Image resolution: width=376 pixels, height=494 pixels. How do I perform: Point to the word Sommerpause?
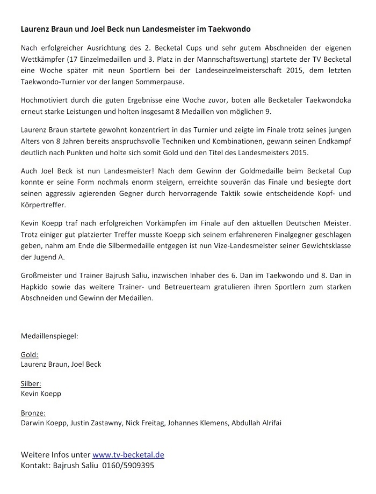pyautogui.click(x=156, y=82)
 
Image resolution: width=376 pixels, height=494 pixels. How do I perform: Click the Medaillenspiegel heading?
pyautogui.click(x=49, y=336)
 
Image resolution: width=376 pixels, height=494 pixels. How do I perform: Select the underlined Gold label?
pyautogui.click(x=29, y=355)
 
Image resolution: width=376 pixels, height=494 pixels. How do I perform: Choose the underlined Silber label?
pyautogui.click(x=31, y=384)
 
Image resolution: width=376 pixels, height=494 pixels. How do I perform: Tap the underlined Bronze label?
pyautogui.click(x=33, y=413)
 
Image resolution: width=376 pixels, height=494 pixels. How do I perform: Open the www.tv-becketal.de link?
pyautogui.click(x=128, y=455)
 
